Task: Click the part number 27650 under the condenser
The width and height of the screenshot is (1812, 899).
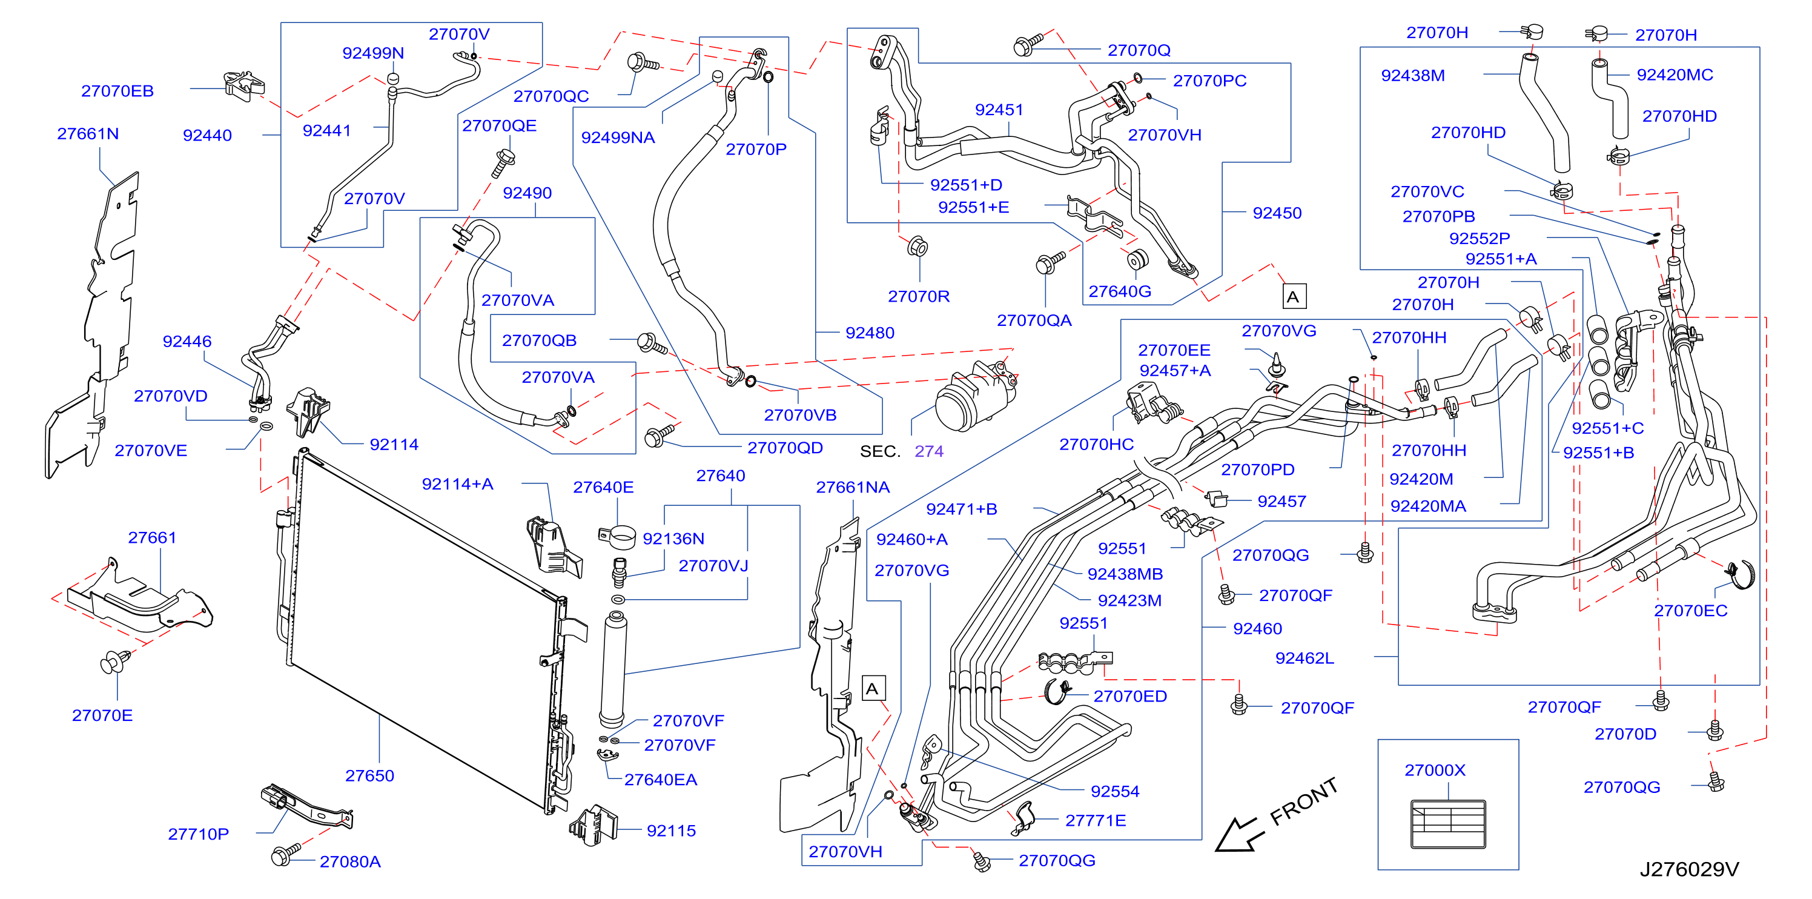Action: click(369, 775)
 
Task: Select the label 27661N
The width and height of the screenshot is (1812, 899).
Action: click(88, 134)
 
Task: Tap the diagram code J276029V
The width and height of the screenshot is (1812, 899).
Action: click(1689, 869)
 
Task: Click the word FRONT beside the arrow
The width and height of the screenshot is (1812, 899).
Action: click(1303, 801)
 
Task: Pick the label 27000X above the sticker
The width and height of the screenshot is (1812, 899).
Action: click(1435, 771)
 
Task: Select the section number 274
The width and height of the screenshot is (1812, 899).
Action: click(928, 451)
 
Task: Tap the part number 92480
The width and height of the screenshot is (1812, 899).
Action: click(870, 333)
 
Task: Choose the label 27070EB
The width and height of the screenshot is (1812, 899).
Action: click(117, 91)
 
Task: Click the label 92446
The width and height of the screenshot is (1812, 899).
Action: click(187, 341)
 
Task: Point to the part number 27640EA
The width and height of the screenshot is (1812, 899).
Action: click(661, 780)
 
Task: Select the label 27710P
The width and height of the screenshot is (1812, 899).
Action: click(199, 834)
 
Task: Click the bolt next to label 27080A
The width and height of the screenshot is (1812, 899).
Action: click(284, 854)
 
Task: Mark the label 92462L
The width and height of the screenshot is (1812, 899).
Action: click(1305, 658)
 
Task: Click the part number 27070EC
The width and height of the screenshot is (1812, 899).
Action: click(1690, 611)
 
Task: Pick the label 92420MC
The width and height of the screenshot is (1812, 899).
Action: click(1675, 75)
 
